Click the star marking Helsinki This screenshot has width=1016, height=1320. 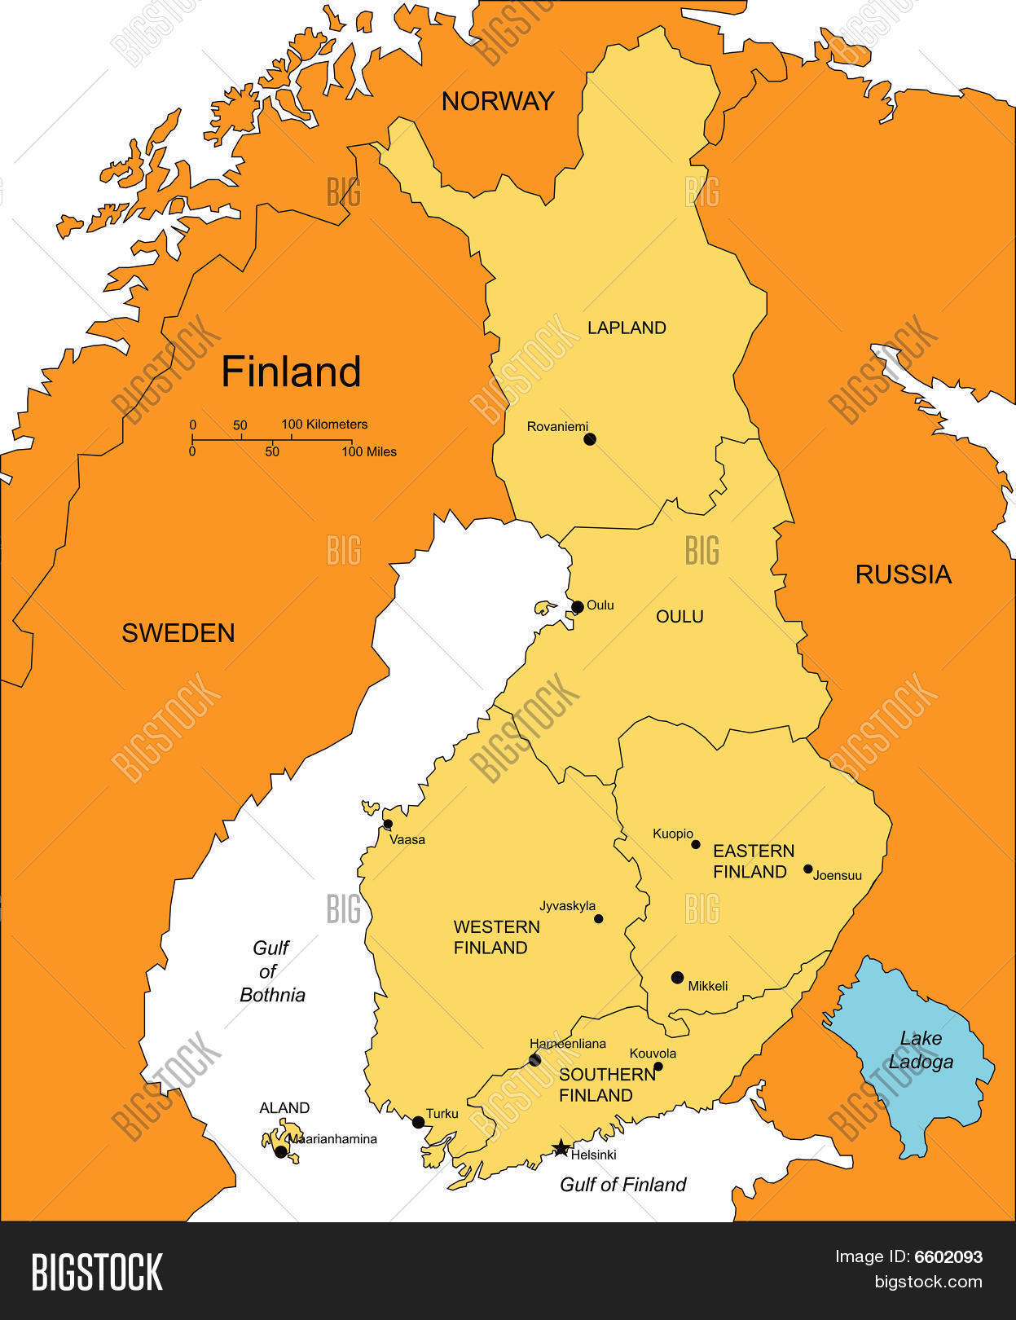coord(561,1149)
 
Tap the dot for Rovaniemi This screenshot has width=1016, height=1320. coord(590,439)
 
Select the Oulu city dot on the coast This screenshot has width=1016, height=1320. coord(577,607)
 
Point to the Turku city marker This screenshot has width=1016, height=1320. coord(419,1122)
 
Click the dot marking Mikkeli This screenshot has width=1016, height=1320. coord(677,977)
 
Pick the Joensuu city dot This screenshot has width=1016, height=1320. coord(808,869)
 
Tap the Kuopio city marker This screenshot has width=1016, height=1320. coord(696,844)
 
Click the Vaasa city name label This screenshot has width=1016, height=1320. coord(407,839)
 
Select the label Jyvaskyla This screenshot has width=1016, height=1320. coord(567,905)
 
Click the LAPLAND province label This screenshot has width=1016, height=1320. coord(627,328)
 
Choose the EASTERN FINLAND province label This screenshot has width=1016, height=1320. coord(753,861)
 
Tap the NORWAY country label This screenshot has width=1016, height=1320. coord(497,101)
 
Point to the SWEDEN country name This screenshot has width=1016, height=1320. coord(178,633)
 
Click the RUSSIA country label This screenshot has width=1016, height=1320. coord(903,574)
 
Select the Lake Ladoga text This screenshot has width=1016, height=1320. coord(921,1049)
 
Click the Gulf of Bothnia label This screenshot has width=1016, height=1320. coord(272,971)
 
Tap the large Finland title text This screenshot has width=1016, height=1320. coord(291,372)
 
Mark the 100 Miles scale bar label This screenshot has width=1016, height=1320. coord(369,451)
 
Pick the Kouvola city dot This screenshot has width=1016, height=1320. coord(658,1067)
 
